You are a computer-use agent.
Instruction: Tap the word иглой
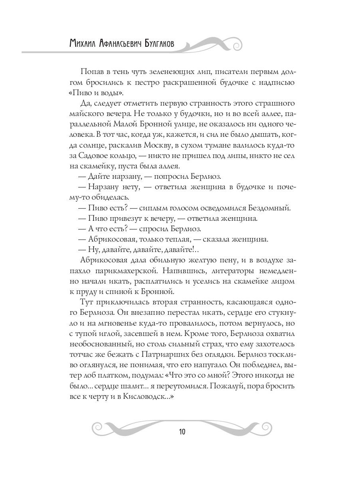pos(108,333)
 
